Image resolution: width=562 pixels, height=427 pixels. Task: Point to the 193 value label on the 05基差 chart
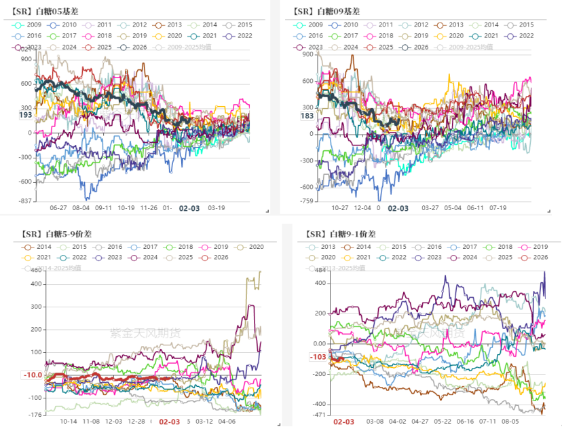(x=25, y=115)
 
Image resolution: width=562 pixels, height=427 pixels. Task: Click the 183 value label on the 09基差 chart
(x=307, y=116)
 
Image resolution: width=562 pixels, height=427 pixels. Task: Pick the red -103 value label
(x=317, y=357)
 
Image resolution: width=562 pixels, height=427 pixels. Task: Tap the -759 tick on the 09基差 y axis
(x=306, y=201)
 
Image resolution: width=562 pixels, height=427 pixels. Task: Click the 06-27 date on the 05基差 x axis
(x=58, y=208)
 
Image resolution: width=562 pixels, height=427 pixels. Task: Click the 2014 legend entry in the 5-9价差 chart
(x=40, y=247)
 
